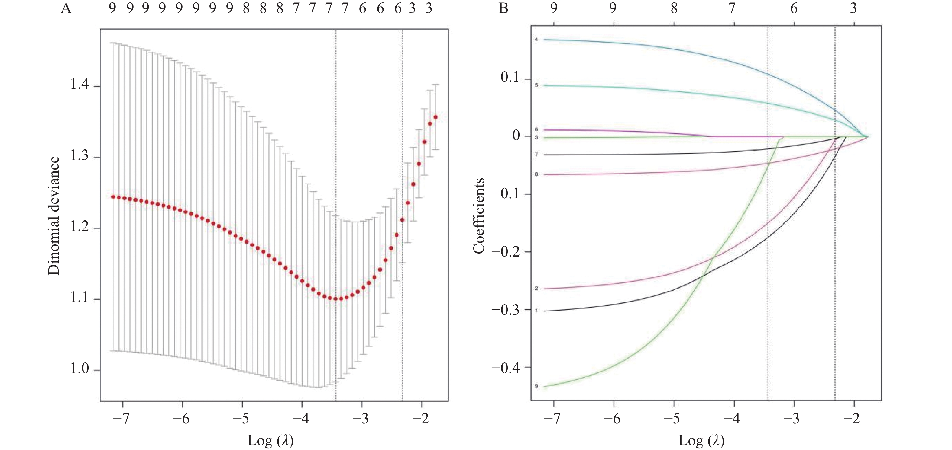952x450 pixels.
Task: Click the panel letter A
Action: (x=66, y=8)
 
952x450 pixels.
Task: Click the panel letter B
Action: (x=503, y=8)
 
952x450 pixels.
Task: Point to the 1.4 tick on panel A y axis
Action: (x=80, y=86)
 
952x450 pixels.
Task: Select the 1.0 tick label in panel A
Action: (x=80, y=369)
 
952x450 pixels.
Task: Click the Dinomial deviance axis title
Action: (x=54, y=216)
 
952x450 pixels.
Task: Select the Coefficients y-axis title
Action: (x=479, y=216)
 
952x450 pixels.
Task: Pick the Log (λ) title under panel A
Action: (x=270, y=440)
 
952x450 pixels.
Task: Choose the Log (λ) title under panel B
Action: (x=701, y=440)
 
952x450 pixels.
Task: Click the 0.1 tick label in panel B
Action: (x=510, y=78)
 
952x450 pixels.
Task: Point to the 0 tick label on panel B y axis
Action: (x=516, y=136)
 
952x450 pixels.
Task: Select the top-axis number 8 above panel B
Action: (x=674, y=8)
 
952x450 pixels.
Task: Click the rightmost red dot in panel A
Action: (x=435, y=117)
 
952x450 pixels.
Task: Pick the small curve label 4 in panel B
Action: (x=536, y=39)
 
